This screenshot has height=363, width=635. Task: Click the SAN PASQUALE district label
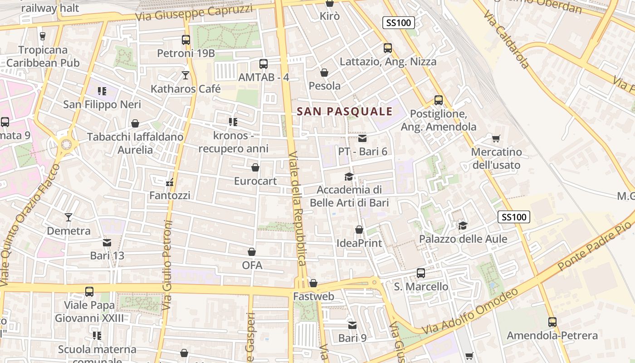click(x=344, y=111)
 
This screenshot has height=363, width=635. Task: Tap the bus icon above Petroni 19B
click(x=186, y=40)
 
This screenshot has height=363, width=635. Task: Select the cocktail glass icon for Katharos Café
click(x=186, y=75)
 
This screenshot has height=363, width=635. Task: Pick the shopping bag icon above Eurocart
click(x=255, y=167)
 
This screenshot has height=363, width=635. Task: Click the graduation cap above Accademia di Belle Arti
click(x=349, y=177)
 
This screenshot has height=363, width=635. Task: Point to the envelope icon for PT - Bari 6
click(x=362, y=138)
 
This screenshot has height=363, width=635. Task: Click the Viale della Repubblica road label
click(x=297, y=208)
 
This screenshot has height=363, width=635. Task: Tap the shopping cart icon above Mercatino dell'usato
click(x=496, y=138)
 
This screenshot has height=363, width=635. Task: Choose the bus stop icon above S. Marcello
click(x=421, y=273)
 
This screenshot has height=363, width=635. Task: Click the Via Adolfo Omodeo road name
click(x=470, y=312)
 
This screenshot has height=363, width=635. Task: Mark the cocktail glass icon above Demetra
click(x=68, y=217)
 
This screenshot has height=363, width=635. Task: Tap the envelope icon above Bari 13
click(x=107, y=243)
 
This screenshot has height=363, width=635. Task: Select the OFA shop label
click(x=252, y=265)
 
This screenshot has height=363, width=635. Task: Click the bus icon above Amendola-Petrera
click(x=552, y=322)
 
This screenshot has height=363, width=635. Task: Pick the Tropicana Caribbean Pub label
click(x=43, y=56)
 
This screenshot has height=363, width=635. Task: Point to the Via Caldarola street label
click(x=506, y=39)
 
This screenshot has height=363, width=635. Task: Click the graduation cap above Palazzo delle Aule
click(x=463, y=226)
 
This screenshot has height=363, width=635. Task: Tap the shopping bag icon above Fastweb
click(x=313, y=284)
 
